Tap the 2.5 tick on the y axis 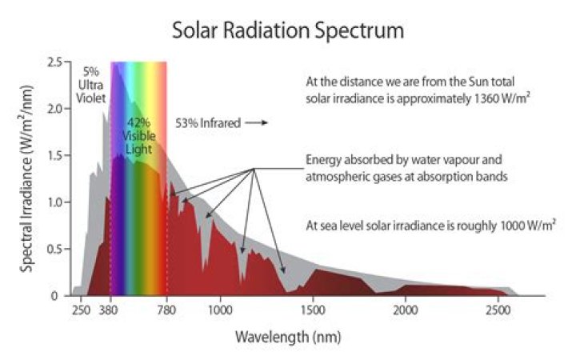pyautogui.click(x=54, y=62)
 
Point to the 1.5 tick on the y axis pyautogui.click(x=54, y=156)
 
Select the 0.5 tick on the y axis pyautogui.click(x=54, y=250)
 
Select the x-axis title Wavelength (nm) pyautogui.click(x=287, y=336)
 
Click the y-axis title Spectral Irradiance pyautogui.click(x=27, y=180)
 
